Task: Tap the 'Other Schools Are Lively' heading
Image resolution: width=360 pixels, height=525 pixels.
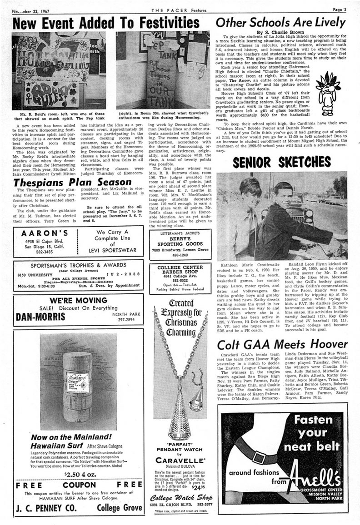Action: click(280, 22)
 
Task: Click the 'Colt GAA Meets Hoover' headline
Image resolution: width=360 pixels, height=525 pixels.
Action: click(282, 344)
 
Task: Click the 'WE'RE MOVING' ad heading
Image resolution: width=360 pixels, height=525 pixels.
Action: click(74, 300)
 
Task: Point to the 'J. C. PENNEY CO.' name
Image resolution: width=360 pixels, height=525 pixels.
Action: click(42, 508)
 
